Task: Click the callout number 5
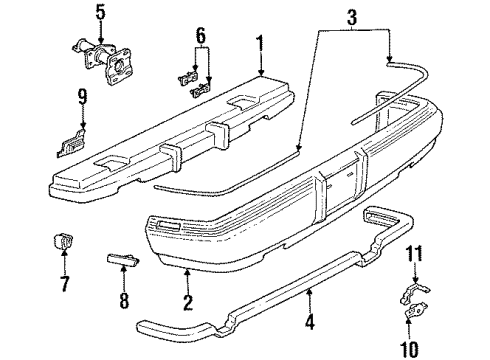point(98,12)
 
